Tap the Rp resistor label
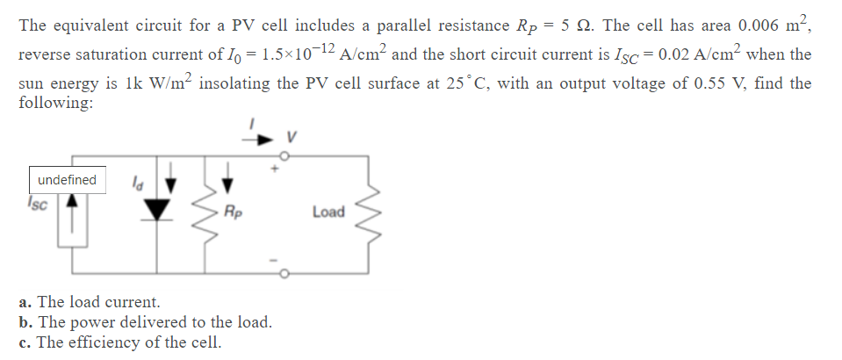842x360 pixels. coord(234,212)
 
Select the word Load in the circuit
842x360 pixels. coord(328,212)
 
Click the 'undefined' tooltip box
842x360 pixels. coord(67,180)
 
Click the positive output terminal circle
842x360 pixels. coord(283,154)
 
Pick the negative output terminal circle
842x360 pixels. coord(283,273)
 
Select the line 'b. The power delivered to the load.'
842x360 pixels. coord(145,322)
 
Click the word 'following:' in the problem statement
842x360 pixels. coord(56,102)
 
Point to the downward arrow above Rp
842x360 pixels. coord(227,181)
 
